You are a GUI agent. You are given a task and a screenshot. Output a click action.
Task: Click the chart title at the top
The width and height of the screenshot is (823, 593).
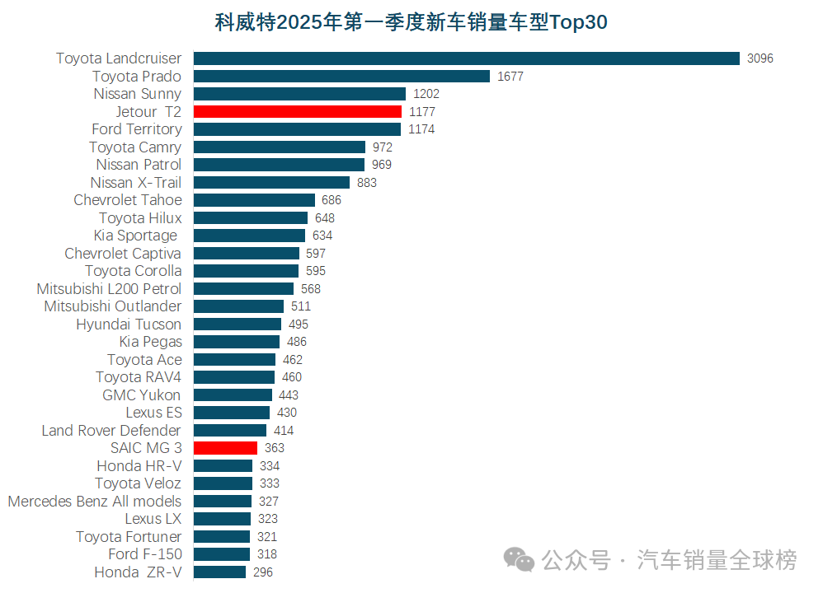411,22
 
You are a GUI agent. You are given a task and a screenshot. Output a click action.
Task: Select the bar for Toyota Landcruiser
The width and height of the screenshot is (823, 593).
466,58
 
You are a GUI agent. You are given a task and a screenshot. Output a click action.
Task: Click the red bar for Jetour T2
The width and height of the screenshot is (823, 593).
298,111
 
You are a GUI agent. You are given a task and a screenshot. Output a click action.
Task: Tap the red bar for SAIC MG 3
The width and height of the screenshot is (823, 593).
225,448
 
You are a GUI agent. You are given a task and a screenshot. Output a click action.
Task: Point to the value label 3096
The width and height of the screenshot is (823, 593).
760,58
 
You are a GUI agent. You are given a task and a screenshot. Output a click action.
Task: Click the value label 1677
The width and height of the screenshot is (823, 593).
510,77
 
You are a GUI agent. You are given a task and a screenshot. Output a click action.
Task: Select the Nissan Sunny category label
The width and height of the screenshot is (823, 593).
137,94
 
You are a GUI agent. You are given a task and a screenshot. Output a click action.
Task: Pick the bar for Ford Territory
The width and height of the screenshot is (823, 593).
297,129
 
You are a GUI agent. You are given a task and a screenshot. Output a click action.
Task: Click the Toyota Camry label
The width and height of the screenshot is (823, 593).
135,147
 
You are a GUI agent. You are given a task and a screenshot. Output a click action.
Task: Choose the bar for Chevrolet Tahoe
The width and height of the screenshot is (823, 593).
254,200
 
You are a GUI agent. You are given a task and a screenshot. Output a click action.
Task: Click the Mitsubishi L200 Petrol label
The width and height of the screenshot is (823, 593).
109,288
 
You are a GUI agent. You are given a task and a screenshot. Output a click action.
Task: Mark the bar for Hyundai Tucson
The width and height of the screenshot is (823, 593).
237,325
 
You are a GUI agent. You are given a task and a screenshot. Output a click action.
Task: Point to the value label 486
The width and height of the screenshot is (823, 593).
296,342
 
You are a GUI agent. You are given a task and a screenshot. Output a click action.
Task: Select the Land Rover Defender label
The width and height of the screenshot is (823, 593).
111,430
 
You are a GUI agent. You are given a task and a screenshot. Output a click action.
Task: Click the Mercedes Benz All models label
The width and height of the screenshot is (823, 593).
94,501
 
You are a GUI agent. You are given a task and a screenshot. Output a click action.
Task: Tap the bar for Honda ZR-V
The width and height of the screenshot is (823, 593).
219,572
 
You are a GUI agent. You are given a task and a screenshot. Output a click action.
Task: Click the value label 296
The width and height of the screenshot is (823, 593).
263,572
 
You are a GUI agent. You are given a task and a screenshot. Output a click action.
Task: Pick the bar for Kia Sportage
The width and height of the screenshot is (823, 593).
249,236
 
